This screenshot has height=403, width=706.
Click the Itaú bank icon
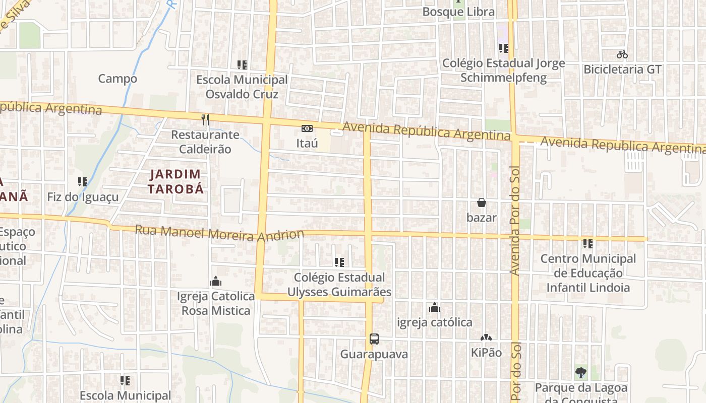pos(307,128)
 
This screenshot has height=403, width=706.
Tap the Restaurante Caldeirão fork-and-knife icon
pos(205,119)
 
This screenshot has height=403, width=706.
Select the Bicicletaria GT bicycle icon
pos(622,54)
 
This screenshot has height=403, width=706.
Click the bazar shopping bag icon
pos(482,203)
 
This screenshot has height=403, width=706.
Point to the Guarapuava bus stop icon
pos(374,339)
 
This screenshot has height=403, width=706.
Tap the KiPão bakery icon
pos(486,338)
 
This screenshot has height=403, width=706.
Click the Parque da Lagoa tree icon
pos(581,373)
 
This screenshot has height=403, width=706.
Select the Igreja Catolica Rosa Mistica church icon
pos(216,281)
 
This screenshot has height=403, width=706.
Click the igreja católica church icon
pos(435,307)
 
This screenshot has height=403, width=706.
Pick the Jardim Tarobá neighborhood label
pos(175,181)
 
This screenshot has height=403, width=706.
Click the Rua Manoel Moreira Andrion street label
pos(219,233)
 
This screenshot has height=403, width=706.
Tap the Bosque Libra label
pos(458,12)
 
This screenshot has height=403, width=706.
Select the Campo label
pos(117,79)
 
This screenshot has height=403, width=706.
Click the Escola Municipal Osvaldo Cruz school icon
pos(242,64)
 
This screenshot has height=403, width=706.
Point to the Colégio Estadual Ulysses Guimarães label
pos(339,285)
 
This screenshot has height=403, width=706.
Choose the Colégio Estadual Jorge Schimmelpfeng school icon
pos(503,48)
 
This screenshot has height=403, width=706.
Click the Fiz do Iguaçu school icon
pos(83,181)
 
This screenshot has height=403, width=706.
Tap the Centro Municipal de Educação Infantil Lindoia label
pos(588,273)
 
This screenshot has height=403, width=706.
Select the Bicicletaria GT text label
pos(622,70)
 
